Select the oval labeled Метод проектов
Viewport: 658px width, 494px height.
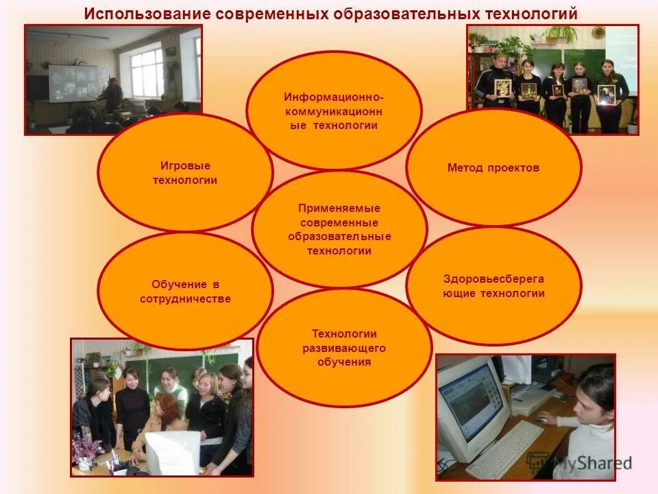493,167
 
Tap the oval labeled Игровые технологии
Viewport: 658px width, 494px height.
185,173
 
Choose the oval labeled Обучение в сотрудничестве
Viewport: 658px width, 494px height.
185,291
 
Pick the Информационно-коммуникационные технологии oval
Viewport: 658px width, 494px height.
334,110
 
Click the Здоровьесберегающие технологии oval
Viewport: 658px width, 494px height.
493,286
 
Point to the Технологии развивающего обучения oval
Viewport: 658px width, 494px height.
344,347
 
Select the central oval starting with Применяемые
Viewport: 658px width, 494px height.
339,229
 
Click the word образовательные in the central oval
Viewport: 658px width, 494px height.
339,237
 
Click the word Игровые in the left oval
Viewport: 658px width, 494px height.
185,166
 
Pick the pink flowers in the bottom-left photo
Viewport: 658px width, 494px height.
86,449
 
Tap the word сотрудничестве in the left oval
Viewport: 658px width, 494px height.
185,298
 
